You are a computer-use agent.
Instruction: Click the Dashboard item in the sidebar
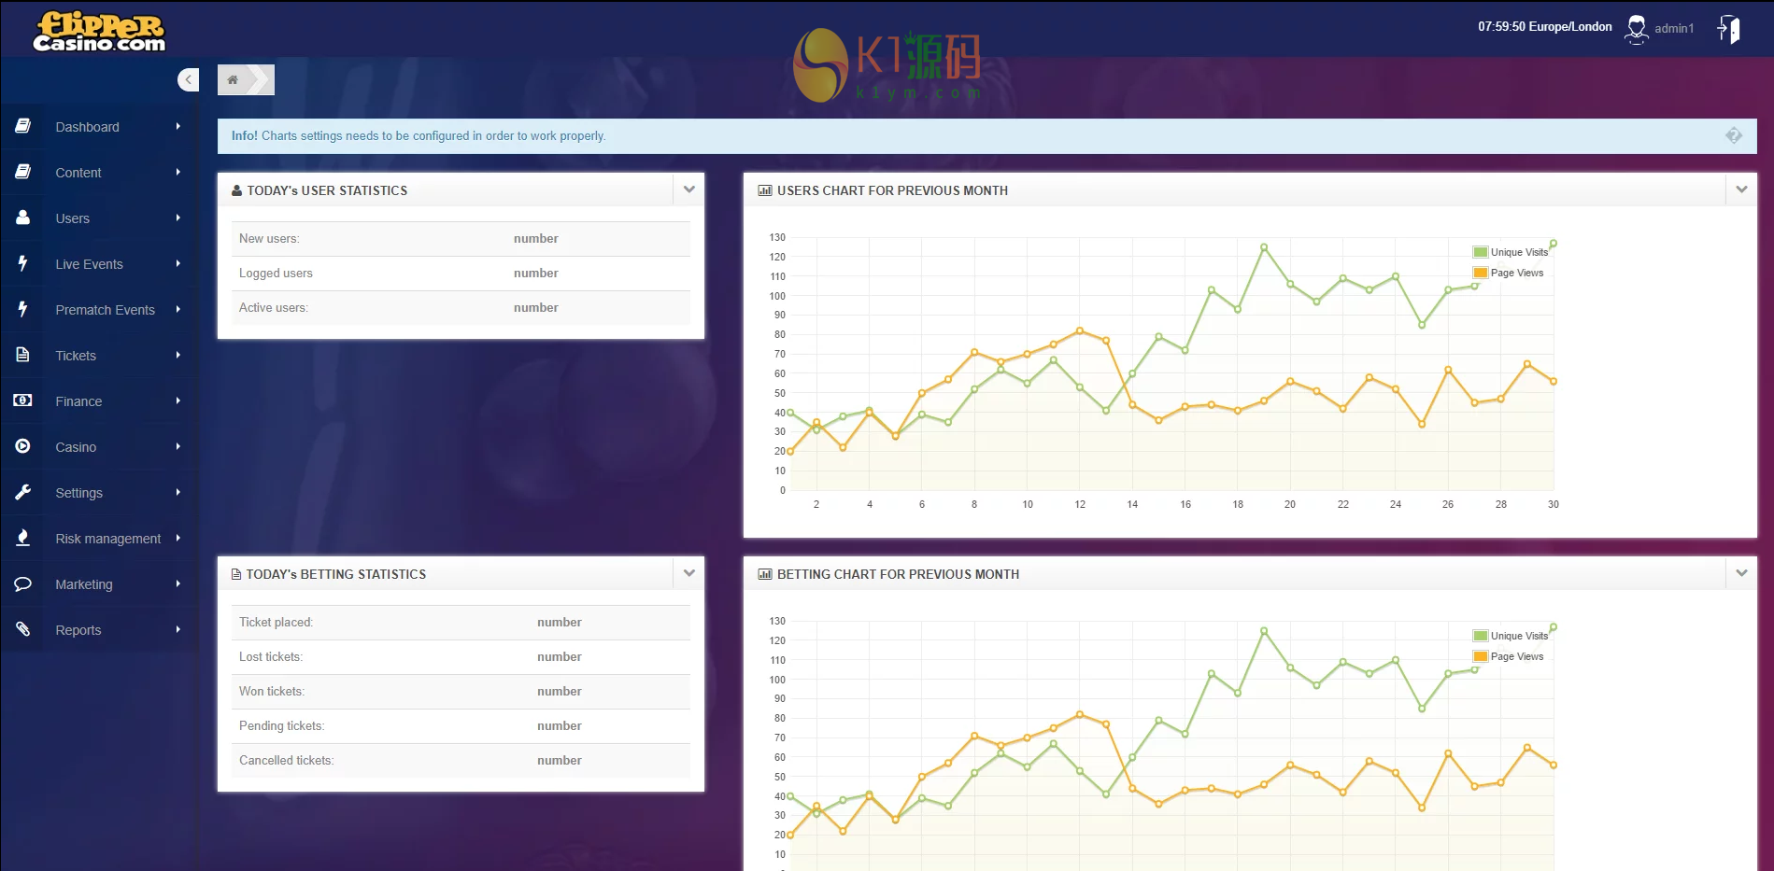[87, 127]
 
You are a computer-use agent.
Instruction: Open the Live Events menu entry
[89, 264]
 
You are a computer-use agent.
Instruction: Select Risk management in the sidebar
[107, 539]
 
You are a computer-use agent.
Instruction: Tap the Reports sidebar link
[78, 630]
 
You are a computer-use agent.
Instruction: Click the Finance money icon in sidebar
[22, 400]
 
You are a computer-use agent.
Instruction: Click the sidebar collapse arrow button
[188, 79]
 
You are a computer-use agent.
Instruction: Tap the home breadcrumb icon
[233, 80]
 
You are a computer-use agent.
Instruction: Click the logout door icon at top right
[1728, 29]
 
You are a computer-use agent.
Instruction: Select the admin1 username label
[1673, 29]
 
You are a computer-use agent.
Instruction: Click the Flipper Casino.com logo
[99, 32]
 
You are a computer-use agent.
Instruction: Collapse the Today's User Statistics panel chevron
[688, 190]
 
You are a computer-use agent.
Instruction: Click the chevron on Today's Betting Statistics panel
[688, 573]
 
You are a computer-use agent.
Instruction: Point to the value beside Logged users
[535, 274]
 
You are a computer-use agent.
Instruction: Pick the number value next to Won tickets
[559, 692]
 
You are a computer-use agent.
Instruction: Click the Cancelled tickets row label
[286, 761]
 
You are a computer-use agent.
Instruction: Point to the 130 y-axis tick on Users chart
[777, 237]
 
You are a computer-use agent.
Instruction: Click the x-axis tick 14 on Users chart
[1132, 504]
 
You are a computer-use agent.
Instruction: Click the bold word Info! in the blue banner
[245, 136]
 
